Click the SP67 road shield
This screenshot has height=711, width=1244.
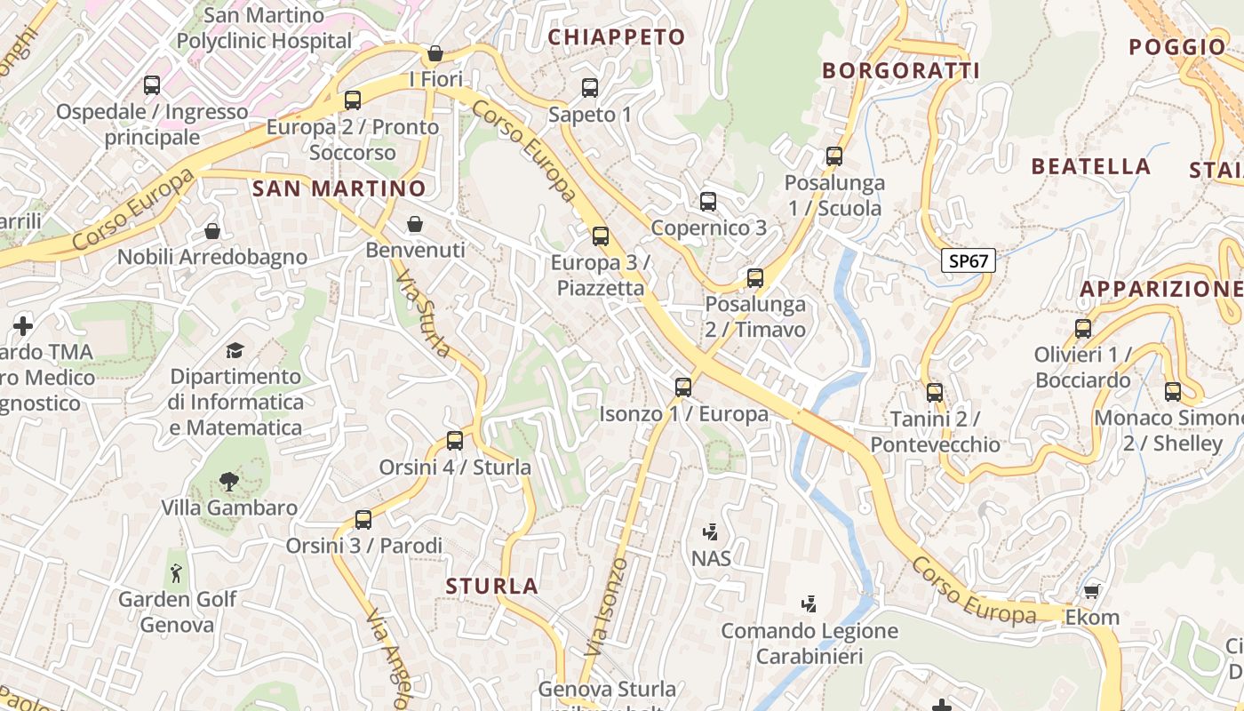969,260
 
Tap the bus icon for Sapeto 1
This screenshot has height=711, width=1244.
590,87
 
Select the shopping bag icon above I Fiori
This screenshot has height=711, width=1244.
435,53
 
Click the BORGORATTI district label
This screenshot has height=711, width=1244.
900,71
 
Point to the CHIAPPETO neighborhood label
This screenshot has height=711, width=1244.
617,37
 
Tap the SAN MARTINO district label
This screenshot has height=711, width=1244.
339,188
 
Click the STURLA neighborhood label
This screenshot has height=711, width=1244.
492,587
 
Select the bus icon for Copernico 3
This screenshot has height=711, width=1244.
708,201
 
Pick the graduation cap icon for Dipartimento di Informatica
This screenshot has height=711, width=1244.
235,350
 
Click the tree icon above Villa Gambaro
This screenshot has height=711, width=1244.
228,482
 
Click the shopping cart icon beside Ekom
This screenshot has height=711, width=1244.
1092,590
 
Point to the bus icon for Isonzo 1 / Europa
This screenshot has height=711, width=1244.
682,387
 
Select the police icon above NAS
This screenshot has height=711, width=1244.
710,532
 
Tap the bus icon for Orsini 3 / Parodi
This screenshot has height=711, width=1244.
363,519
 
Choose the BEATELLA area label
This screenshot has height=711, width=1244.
1090,166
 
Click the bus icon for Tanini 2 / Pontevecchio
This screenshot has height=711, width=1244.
935,392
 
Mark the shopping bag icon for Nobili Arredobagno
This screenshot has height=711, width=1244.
212,231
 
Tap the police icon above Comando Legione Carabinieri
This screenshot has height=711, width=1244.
809,604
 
